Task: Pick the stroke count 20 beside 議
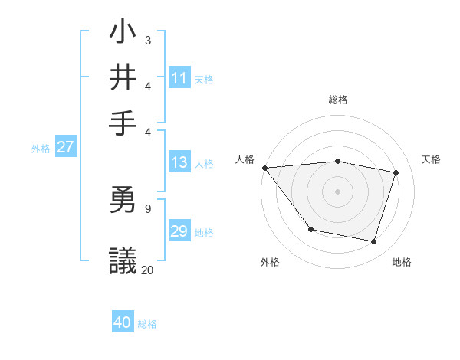pos(148,270)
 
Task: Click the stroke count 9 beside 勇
pos(148,208)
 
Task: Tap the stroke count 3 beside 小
pos(148,39)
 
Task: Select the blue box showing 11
pos(179,78)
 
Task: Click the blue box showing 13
pos(179,162)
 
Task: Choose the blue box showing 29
pos(179,232)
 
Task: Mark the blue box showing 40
pos(123,323)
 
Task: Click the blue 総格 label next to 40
pos(147,324)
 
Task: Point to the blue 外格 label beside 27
pos(41,149)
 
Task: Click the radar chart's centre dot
pos(337,191)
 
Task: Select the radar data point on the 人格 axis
pos(264,168)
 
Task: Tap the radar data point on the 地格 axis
pos(374,242)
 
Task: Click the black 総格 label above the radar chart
pos(337,100)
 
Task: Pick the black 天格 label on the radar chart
pos(431,159)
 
